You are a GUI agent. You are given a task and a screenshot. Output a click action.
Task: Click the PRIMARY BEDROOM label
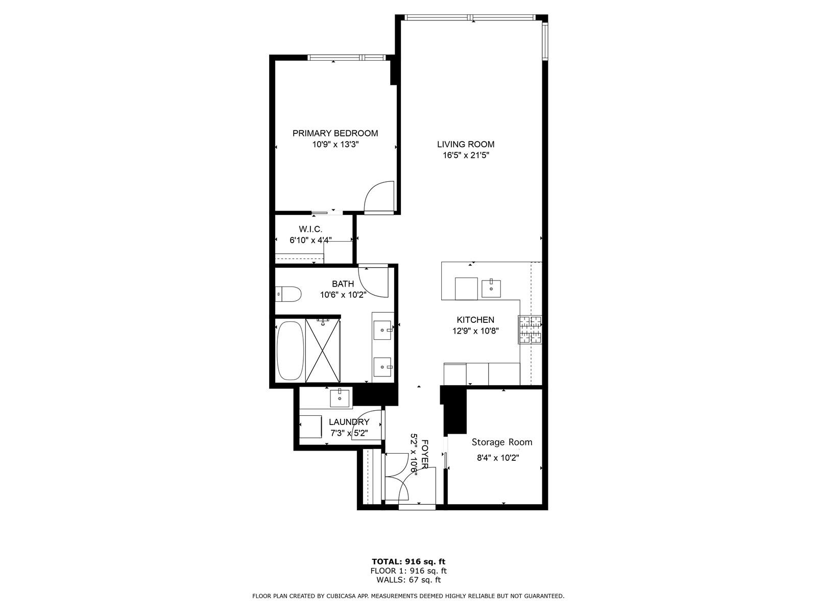pos(335,133)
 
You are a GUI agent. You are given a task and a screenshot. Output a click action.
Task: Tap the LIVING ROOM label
pos(466,145)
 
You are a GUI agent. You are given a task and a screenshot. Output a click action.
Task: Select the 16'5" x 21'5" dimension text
pos(466,156)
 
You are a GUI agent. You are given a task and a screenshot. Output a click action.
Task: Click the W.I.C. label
pos(310,229)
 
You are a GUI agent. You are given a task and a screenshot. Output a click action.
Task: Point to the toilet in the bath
pos(288,294)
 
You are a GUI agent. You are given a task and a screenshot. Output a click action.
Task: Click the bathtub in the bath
pos(291,351)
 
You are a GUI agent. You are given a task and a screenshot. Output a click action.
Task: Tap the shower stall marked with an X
pos(323,350)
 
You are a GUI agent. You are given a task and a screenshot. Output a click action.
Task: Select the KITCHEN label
pos(475,320)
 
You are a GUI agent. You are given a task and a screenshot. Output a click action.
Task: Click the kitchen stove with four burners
pos(530,330)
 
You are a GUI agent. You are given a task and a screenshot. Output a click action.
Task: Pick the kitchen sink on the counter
pos(491,288)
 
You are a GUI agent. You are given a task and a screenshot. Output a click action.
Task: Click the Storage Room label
pos(502,442)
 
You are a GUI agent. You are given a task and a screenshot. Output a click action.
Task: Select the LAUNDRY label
pos(349,422)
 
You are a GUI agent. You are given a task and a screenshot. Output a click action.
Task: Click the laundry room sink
pos(340,398)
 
